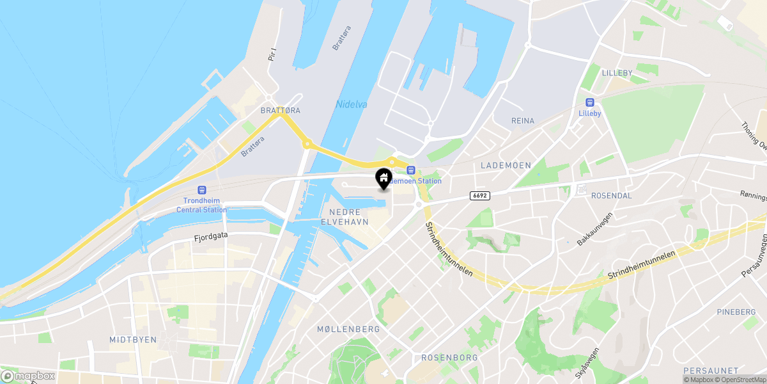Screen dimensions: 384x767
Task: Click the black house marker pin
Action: click(x=383, y=179)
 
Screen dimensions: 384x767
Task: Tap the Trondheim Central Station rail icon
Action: click(x=202, y=190)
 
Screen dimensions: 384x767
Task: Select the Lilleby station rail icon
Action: click(x=589, y=102)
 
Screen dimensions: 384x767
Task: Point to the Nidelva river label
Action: click(x=352, y=104)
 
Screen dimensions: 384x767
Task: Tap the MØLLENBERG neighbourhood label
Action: click(x=348, y=329)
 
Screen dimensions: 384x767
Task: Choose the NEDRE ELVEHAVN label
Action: click(x=349, y=217)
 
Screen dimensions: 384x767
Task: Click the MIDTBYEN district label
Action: click(x=133, y=339)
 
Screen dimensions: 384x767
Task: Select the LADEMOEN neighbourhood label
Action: click(x=506, y=165)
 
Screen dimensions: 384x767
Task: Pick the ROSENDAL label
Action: click(x=612, y=195)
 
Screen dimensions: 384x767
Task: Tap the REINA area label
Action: click(x=522, y=120)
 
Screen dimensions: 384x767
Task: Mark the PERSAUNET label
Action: click(x=711, y=371)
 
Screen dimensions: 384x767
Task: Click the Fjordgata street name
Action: click(x=211, y=236)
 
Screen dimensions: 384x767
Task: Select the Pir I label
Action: click(x=272, y=54)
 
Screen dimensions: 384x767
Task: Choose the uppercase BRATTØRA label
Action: click(x=280, y=111)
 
